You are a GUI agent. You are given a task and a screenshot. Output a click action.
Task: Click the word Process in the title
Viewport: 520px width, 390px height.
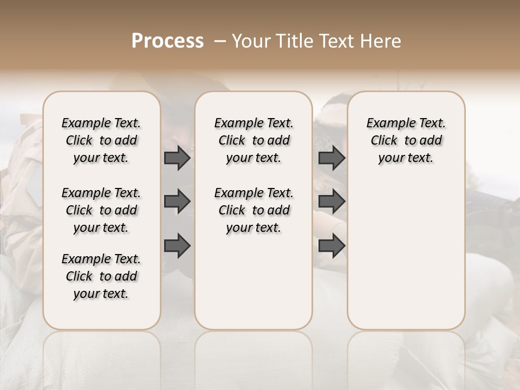point(167,41)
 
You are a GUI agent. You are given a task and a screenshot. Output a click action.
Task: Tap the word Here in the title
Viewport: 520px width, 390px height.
point(381,41)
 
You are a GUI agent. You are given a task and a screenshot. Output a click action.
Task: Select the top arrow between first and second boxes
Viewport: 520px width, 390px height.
point(177,158)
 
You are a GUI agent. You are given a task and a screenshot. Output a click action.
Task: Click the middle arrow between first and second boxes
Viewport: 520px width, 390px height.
point(177,201)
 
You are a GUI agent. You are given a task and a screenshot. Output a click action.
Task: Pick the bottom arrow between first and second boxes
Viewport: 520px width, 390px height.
point(177,245)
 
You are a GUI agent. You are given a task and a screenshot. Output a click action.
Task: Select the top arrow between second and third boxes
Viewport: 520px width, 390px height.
point(331,158)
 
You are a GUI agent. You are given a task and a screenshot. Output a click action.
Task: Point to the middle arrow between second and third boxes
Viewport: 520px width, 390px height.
point(331,201)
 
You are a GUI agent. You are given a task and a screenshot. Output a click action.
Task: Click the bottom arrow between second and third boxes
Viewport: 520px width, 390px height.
point(331,245)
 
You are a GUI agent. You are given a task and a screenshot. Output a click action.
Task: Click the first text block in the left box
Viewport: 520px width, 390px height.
point(101,140)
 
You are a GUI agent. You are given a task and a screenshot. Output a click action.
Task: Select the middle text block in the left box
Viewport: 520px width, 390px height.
point(101,210)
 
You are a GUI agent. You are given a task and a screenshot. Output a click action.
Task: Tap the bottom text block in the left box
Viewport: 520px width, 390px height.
point(101,276)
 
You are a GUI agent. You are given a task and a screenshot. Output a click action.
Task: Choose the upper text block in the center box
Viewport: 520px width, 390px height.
point(254,140)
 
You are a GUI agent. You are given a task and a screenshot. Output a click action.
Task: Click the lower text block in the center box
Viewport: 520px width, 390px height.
point(254,210)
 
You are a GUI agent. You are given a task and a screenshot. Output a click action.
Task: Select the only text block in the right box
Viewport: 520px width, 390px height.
point(406,140)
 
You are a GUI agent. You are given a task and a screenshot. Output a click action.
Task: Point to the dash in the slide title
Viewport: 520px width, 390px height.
point(220,41)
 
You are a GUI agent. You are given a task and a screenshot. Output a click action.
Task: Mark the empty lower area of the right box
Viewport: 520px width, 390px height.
point(406,255)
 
